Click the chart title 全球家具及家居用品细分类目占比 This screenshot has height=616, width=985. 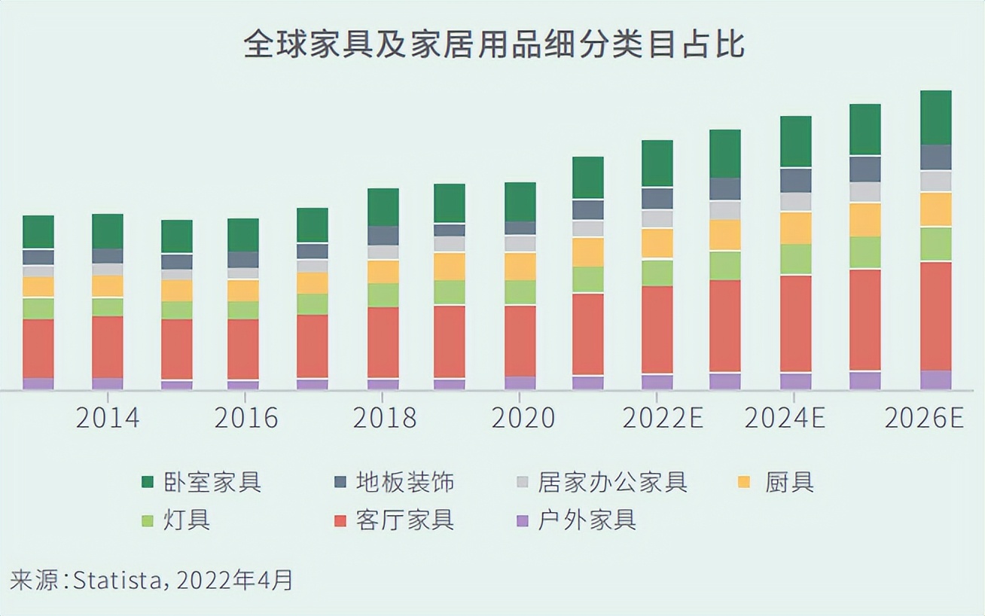(493, 45)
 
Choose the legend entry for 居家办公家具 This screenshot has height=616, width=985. (602, 481)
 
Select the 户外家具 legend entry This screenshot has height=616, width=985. (576, 520)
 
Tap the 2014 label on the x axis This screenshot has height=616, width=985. (108, 418)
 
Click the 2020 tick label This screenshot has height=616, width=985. (523, 418)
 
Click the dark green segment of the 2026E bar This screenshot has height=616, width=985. (936, 117)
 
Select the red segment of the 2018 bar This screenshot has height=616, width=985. (383, 342)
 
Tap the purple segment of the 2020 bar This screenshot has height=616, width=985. (520, 383)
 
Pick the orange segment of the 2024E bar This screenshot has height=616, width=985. (796, 227)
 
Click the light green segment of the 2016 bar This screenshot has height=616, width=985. (243, 310)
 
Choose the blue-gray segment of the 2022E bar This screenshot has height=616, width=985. (657, 198)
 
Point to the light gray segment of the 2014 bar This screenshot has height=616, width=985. (108, 269)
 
